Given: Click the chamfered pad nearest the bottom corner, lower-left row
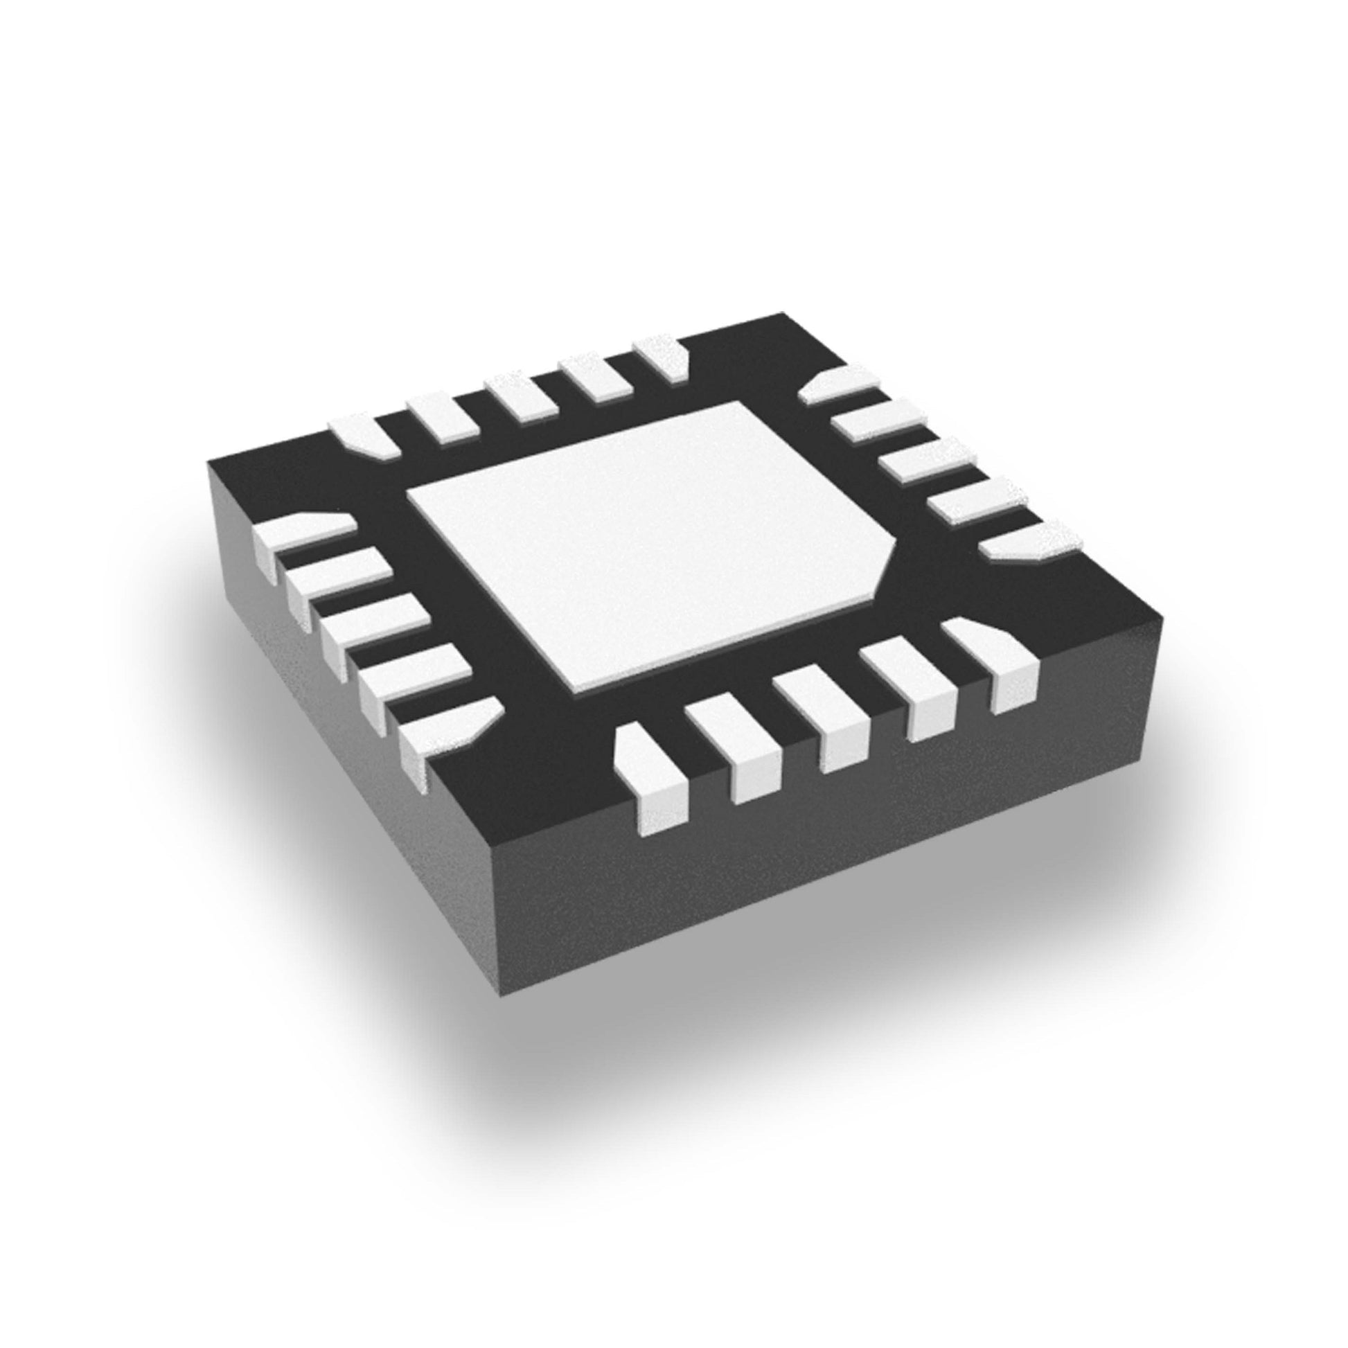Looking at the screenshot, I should (x=447, y=729).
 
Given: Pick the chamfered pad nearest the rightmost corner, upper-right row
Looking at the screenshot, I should (x=1026, y=541).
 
